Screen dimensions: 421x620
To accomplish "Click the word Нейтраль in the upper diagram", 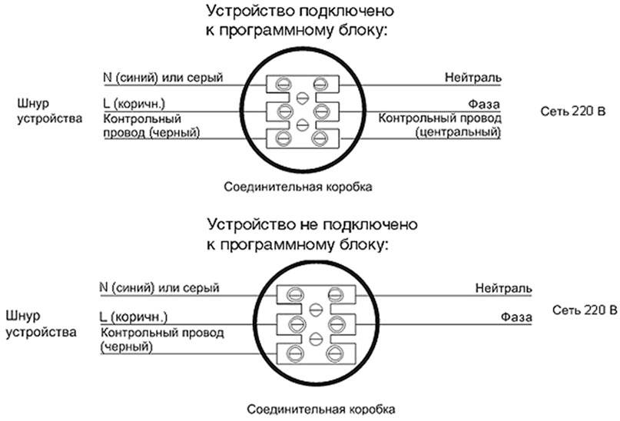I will tap(473, 78).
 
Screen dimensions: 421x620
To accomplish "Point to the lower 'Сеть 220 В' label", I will tap(585, 310).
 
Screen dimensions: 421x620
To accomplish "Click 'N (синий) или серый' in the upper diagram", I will tap(162, 78).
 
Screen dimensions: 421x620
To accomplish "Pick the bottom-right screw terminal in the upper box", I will tap(320, 138).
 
